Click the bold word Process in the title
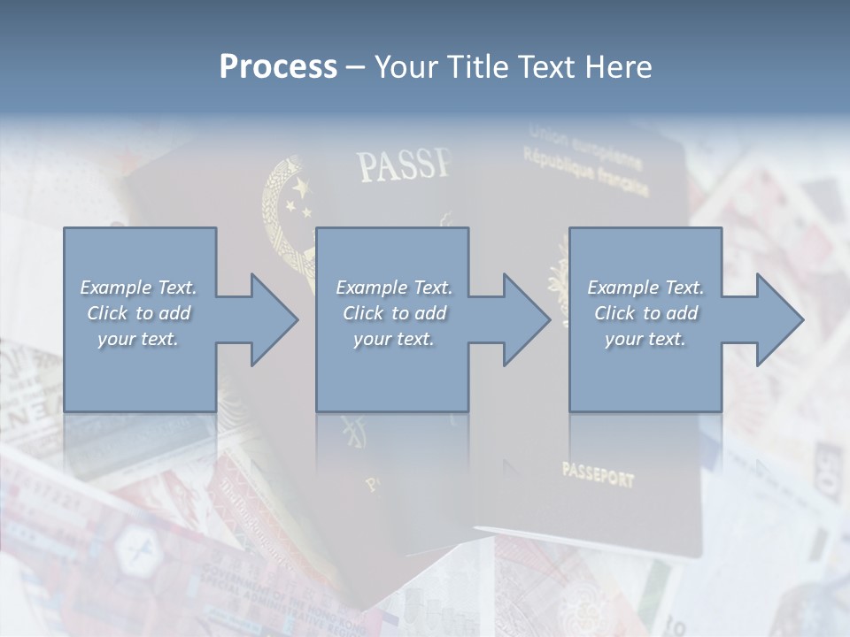tap(278, 67)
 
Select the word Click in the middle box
tap(362, 313)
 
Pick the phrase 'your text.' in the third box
tap(645, 339)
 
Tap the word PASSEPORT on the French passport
tap(598, 476)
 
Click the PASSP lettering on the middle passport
tap(404, 165)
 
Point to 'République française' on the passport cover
tap(585, 172)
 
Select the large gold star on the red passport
tap(300, 188)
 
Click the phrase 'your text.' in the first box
tap(138, 339)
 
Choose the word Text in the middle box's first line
tap(432, 288)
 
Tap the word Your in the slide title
tap(406, 67)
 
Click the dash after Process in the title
tap(356, 67)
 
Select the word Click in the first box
tap(106, 313)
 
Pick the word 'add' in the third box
tap(681, 313)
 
